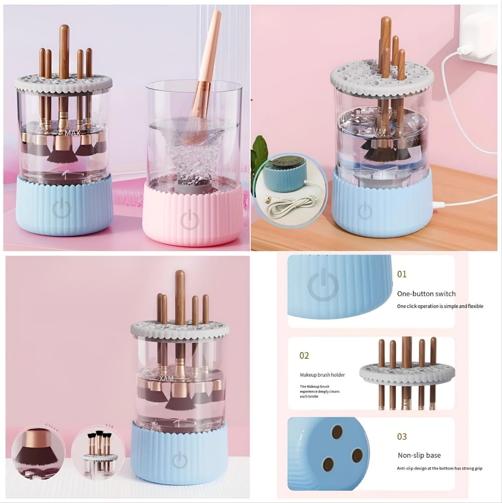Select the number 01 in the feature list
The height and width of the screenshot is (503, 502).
click(x=402, y=274)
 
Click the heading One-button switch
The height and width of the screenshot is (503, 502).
click(x=426, y=294)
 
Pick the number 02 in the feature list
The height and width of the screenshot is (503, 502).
click(x=304, y=356)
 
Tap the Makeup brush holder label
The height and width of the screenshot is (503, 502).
click(x=322, y=375)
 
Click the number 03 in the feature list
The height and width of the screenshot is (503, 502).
click(x=402, y=437)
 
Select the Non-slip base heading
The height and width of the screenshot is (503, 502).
click(x=419, y=455)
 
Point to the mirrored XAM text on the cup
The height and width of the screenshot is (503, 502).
click(x=167, y=378)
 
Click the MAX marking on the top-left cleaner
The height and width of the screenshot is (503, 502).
click(x=72, y=134)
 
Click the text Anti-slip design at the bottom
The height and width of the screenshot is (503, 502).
click(x=439, y=468)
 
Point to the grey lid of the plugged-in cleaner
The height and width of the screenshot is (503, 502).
click(x=382, y=79)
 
